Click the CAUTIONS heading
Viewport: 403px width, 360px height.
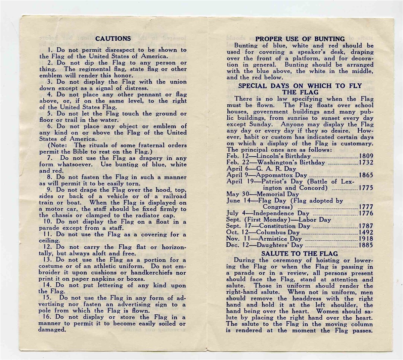click(x=113, y=38)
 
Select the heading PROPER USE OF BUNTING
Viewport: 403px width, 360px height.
click(x=300, y=39)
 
